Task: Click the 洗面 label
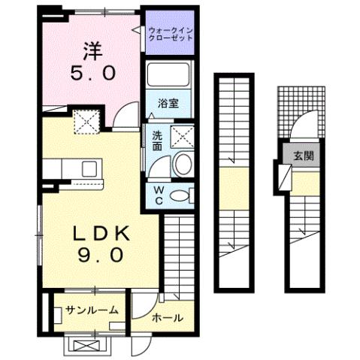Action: [157, 141]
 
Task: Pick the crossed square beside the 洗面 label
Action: [181, 136]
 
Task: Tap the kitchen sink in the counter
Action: [88, 168]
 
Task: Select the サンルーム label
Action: [91, 310]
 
